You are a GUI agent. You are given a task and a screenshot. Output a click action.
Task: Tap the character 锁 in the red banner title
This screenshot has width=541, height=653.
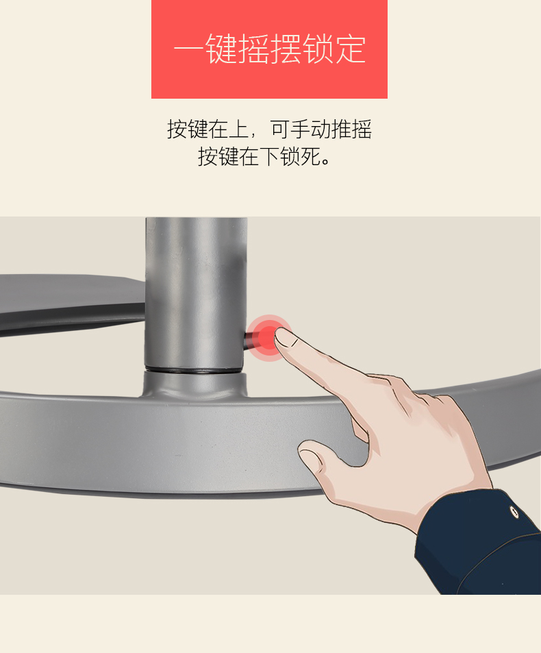pyautogui.click(x=318, y=49)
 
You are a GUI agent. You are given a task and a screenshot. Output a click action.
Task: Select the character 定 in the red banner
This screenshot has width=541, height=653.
pyautogui.click(x=350, y=49)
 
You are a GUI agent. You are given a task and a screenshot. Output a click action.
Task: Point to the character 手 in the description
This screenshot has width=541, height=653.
pyautogui.click(x=301, y=129)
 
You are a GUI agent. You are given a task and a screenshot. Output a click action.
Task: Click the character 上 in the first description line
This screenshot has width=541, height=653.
pyautogui.click(x=239, y=129)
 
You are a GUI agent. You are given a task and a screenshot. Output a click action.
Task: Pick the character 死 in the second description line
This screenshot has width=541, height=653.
pyautogui.click(x=310, y=157)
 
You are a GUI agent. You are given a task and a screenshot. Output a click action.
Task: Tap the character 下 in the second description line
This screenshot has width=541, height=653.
pyautogui.click(x=269, y=157)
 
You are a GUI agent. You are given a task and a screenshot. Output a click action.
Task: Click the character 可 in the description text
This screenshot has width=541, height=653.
pyautogui.click(x=280, y=129)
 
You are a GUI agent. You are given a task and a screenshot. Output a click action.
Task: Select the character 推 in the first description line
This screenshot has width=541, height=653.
pyautogui.click(x=341, y=129)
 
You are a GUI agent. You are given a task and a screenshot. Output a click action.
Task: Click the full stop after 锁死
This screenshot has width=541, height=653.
pyautogui.click(x=326, y=162)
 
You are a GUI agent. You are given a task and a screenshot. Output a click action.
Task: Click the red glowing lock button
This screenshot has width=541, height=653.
pyautogui.click(x=268, y=338)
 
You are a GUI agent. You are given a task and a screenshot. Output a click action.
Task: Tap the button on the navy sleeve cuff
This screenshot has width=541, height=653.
pyautogui.click(x=514, y=511)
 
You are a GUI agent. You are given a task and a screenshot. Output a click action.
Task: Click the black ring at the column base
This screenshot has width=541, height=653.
pyautogui.click(x=194, y=370)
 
